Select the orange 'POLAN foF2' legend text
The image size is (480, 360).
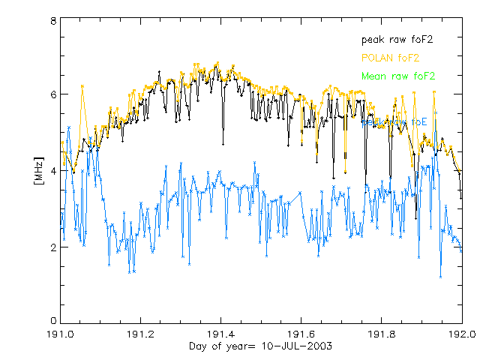391,57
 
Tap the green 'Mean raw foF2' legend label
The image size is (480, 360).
397,76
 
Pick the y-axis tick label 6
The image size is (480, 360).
53,94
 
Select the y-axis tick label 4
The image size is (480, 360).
53,170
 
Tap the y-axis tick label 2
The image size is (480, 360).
53,247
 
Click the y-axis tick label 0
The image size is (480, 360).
53,322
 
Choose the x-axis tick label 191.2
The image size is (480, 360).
140,334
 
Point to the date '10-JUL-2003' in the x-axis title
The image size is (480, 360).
293,346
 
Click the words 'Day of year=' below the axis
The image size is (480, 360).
221,346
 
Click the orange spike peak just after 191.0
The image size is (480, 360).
82,86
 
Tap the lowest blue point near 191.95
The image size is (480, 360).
441,277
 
